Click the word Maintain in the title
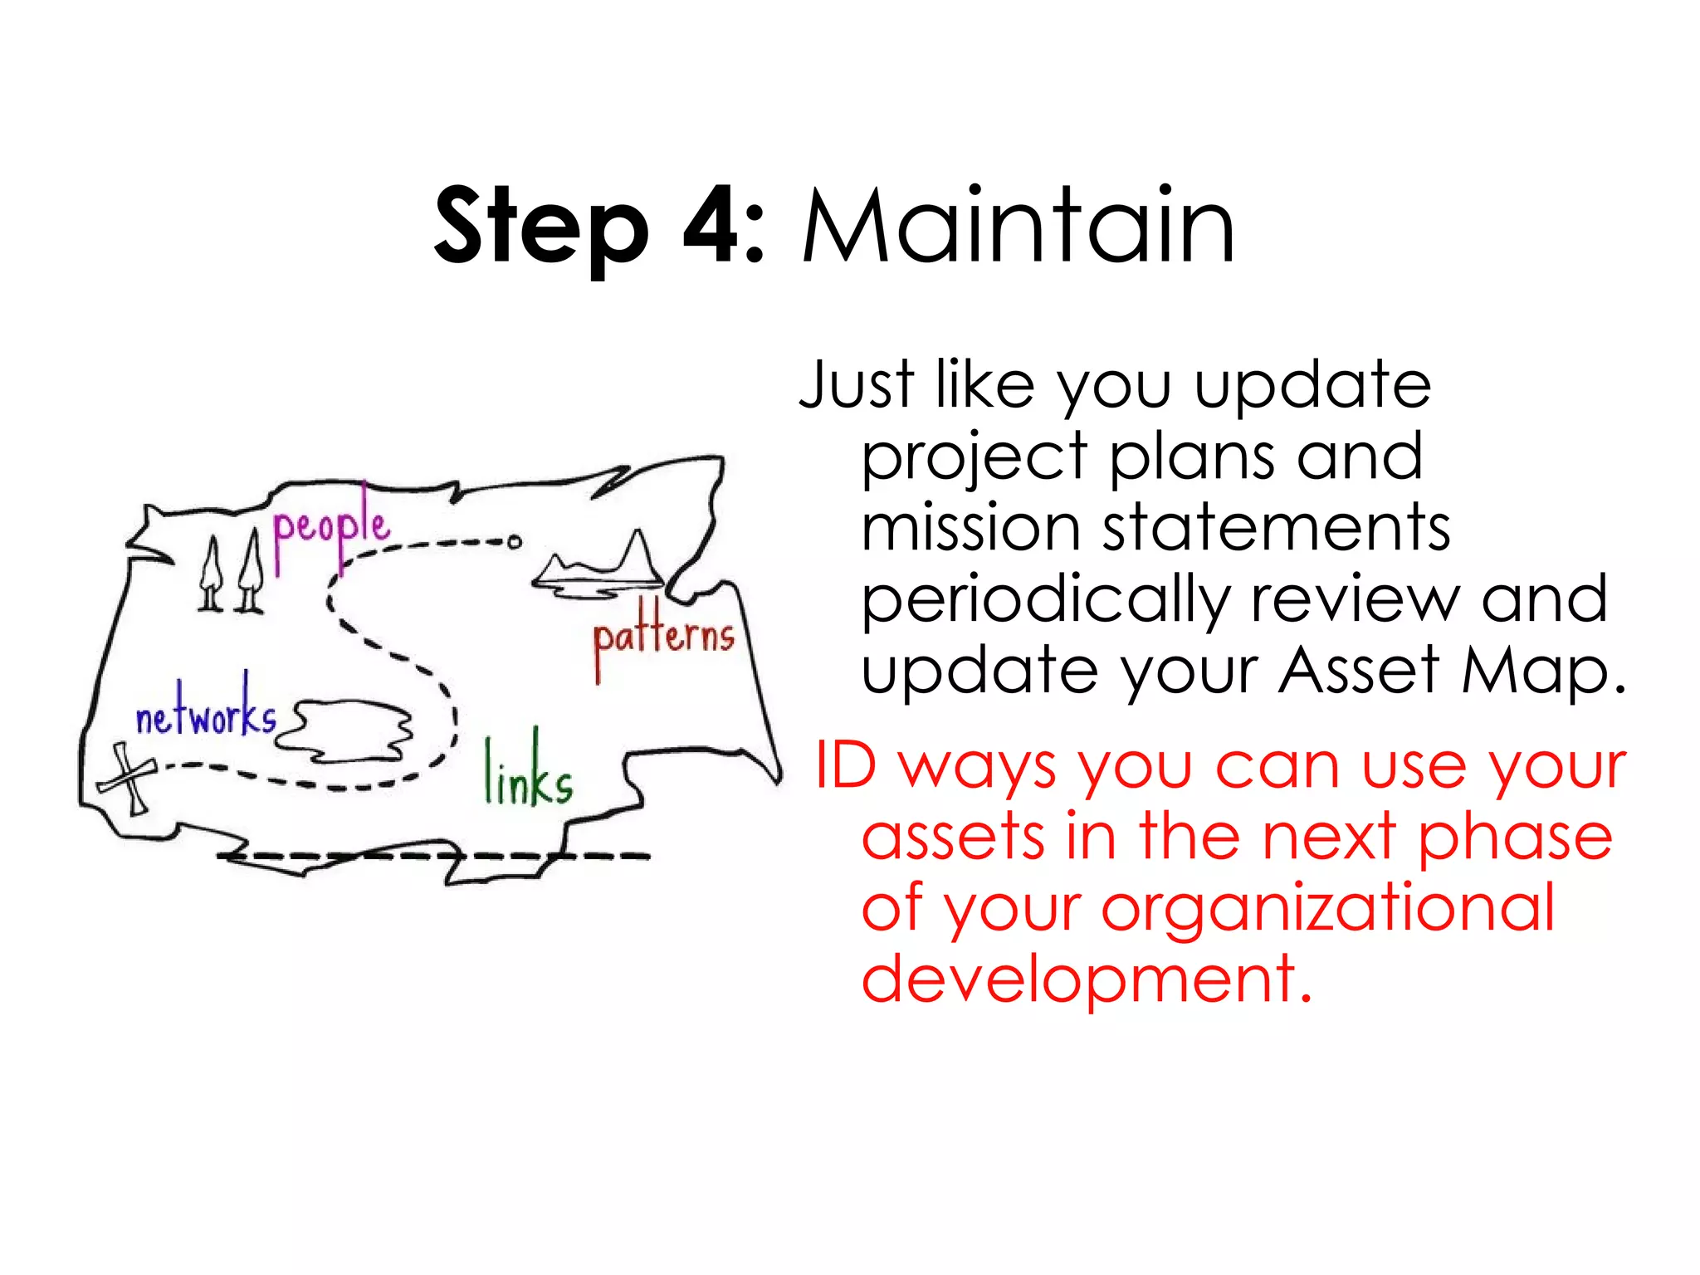point(1019,226)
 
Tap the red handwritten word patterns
point(663,639)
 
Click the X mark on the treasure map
point(127,778)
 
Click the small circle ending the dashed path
point(515,542)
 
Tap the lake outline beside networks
point(345,730)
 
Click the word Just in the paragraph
point(857,385)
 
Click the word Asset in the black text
point(1358,671)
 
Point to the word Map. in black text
point(1542,671)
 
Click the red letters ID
point(845,765)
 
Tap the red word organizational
point(1327,908)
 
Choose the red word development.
point(1086,979)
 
